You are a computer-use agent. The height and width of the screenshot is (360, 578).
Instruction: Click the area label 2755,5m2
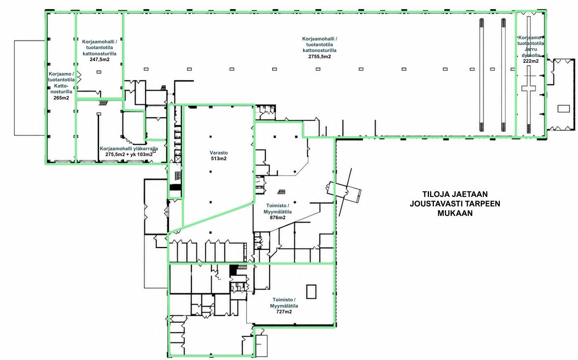(x=320, y=57)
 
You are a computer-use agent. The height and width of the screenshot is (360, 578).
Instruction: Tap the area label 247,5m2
(x=99, y=59)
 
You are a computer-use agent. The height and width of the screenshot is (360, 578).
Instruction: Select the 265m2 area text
(x=61, y=98)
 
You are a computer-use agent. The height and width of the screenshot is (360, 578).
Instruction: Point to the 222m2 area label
(x=531, y=61)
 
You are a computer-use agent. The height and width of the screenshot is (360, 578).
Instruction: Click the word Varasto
(x=219, y=153)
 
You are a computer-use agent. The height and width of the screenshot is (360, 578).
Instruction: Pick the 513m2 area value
(x=219, y=159)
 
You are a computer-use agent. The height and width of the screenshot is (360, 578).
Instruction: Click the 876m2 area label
(x=277, y=218)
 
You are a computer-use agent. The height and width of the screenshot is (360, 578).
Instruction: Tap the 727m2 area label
(x=284, y=312)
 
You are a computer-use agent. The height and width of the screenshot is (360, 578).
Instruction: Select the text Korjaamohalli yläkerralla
(x=129, y=149)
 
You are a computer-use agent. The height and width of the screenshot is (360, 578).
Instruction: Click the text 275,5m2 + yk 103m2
(x=129, y=154)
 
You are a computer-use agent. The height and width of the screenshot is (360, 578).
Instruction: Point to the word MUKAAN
(x=455, y=213)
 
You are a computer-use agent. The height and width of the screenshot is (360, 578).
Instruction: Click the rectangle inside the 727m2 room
(x=311, y=291)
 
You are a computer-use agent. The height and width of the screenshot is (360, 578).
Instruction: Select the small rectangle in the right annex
(x=564, y=109)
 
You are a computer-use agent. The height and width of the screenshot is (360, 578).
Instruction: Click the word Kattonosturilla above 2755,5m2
(x=320, y=51)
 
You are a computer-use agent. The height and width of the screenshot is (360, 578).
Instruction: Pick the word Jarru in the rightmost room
(x=531, y=49)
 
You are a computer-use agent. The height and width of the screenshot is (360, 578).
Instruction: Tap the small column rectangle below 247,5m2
(x=99, y=72)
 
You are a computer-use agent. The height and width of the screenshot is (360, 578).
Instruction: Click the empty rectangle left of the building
(x=30, y=88)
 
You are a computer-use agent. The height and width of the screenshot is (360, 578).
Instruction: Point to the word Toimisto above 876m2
(x=276, y=206)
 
